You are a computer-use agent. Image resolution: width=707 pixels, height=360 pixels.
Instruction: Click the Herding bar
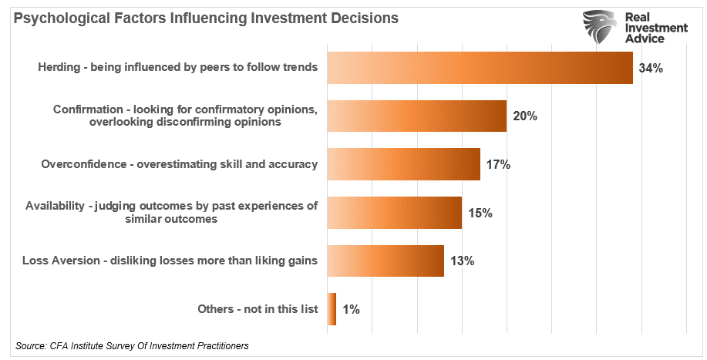(x=480, y=67)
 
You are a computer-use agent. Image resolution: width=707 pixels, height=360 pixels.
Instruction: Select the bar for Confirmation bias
(x=416, y=116)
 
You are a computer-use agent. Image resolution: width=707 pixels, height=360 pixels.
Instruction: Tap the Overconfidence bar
(x=403, y=164)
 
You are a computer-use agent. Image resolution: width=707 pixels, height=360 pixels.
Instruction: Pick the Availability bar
(x=394, y=212)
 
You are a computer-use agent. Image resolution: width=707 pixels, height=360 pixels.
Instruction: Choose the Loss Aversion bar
(x=385, y=261)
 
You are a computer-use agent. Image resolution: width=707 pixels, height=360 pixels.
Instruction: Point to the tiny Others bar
(x=332, y=309)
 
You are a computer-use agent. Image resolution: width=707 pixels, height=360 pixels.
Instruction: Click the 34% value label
(x=651, y=68)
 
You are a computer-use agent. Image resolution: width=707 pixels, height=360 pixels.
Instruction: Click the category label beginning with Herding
(x=177, y=67)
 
